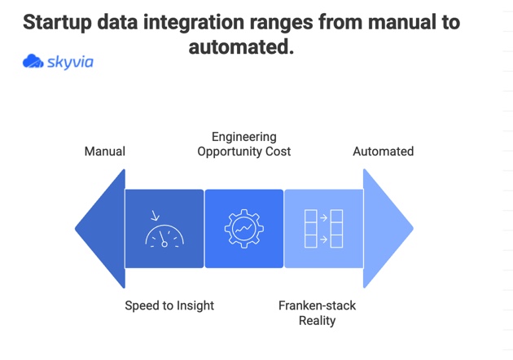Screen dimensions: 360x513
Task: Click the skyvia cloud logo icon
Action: coord(33,62)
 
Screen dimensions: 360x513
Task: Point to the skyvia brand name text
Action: coord(70,62)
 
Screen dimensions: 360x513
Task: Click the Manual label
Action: coord(105,151)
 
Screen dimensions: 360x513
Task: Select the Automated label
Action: coord(383,151)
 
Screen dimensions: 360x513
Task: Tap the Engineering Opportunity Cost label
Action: coord(244,144)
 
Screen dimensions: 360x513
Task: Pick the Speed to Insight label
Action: coord(169,305)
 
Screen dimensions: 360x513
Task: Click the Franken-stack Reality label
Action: coord(317,313)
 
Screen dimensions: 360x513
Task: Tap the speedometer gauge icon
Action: coord(164,235)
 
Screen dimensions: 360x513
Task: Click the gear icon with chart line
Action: coord(243,229)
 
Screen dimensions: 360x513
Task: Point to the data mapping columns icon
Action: coord(323,229)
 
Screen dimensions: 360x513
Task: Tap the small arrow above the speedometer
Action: coord(155,216)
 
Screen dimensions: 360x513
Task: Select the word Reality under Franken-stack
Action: coord(317,321)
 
